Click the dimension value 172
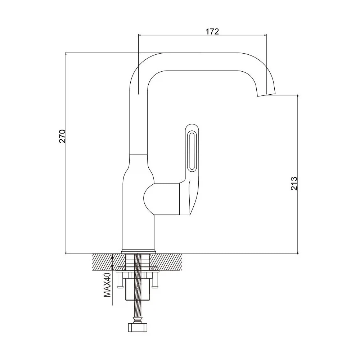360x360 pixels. tap(212, 31)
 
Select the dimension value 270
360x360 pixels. tap(62, 136)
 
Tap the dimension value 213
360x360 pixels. tap(294, 183)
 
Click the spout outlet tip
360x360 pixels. tap(266, 95)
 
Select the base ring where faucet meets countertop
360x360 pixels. tap(139, 252)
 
